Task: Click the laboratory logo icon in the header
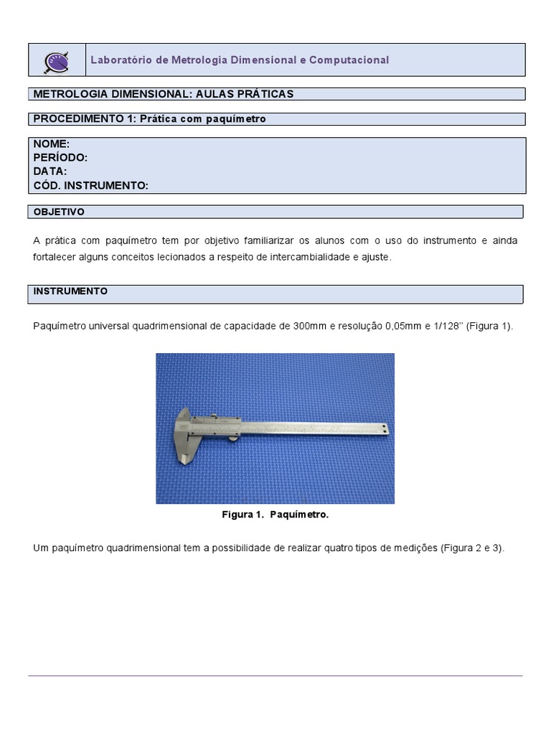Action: pos(56,60)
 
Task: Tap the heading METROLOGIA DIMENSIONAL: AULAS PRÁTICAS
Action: pos(164,94)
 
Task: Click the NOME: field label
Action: pos(52,144)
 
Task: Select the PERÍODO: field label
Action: pos(60,158)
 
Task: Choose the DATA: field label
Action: pos(50,172)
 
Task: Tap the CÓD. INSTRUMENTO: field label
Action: pos(91,185)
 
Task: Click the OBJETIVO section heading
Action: pos(59,212)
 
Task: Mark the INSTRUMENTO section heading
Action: pos(70,291)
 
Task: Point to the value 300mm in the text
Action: pos(310,326)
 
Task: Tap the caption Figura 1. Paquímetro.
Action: pos(275,515)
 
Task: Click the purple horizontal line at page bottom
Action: pos(275,675)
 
